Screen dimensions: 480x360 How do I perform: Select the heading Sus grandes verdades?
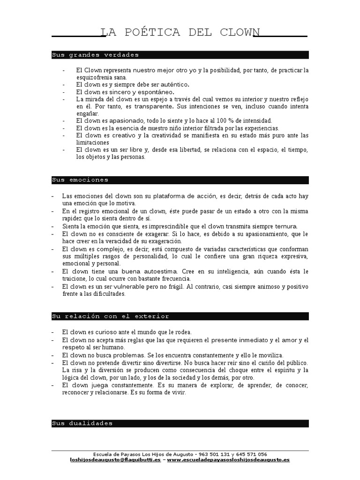click(x=95, y=55)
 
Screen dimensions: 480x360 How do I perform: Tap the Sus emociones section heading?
click(x=80, y=180)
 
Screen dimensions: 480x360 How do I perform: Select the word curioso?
click(x=108, y=332)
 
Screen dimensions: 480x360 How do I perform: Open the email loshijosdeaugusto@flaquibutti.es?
click(x=115, y=460)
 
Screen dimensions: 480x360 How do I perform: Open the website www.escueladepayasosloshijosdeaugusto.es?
click(x=228, y=460)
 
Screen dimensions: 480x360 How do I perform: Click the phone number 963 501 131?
click(x=215, y=454)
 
